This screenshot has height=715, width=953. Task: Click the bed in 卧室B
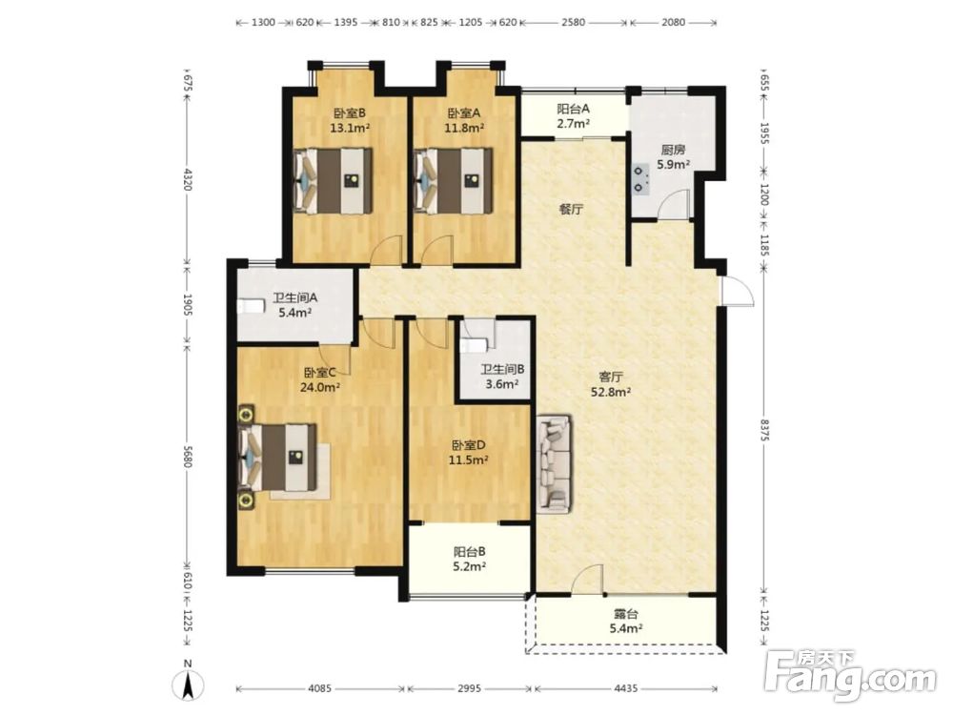333,180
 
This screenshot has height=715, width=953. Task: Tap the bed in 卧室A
453,180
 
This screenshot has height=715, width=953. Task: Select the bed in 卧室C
277,458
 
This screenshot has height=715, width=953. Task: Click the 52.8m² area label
611,392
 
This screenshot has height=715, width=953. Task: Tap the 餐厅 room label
571,210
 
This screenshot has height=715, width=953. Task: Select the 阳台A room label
574,109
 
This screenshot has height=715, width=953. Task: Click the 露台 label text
626,615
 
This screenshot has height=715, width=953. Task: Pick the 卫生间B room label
502,369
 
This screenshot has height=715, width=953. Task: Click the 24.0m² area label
319,387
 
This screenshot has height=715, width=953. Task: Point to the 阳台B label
469,552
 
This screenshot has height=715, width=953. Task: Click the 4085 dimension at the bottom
319,688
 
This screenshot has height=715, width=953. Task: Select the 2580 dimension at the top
573,22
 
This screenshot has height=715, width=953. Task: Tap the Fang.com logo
850,675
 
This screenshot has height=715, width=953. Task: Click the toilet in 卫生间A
251,306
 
